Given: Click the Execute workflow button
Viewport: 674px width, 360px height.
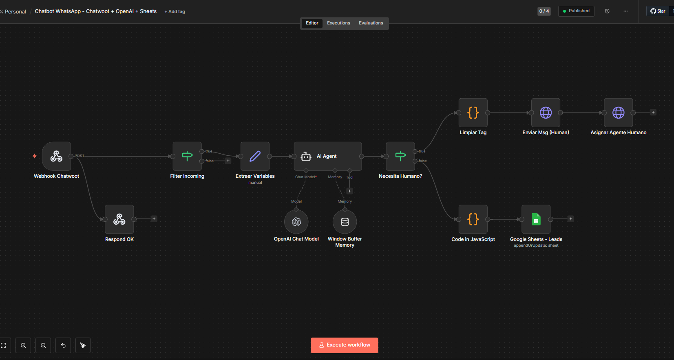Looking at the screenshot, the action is [x=344, y=345].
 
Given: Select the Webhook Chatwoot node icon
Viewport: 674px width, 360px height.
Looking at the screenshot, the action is [x=56, y=156].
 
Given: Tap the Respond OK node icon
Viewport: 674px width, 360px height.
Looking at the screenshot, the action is [x=119, y=219].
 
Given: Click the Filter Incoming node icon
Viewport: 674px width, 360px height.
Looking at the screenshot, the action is [x=187, y=156].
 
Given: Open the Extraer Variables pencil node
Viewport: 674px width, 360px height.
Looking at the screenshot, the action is [x=255, y=156].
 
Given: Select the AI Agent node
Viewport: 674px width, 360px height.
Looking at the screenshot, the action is [x=328, y=156].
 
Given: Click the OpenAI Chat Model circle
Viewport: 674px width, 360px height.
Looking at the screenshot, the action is [x=296, y=222].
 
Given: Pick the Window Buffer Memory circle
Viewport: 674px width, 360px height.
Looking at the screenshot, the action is [x=345, y=222].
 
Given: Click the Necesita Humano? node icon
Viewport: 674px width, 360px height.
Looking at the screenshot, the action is [x=400, y=156].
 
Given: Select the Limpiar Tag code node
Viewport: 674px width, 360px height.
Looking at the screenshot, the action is [x=473, y=113].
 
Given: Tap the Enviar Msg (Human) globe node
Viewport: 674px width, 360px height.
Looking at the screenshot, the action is [x=546, y=113].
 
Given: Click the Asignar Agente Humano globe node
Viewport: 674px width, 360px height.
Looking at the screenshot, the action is [x=618, y=113].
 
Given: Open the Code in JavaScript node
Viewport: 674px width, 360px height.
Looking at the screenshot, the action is [x=473, y=219].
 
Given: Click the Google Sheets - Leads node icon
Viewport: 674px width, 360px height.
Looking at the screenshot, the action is [x=536, y=219].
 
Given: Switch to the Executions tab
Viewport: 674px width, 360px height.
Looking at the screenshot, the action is [x=338, y=23].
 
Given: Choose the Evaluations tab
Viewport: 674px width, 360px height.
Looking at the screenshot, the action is [x=371, y=23].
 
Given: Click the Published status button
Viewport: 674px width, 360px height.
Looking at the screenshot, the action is [x=576, y=11].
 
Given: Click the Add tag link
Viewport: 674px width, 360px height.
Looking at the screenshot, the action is [x=175, y=11].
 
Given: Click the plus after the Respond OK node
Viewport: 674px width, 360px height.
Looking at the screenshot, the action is [x=154, y=219].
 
